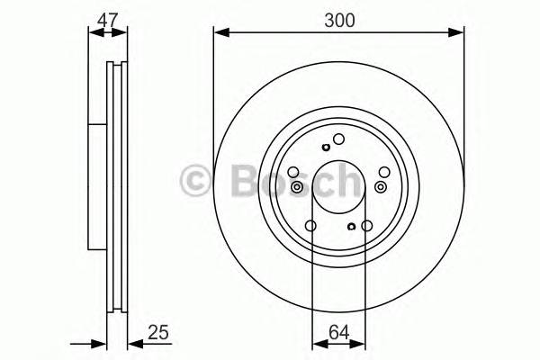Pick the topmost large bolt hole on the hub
tap(339, 139)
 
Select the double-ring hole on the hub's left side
tap(297, 186)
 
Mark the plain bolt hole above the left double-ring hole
tap(293, 173)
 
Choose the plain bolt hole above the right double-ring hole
tap(384, 172)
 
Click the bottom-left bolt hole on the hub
tap(311, 226)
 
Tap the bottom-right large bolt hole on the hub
tap(367, 226)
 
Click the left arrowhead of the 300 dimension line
tap(219, 33)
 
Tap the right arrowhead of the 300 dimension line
tap(460, 33)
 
